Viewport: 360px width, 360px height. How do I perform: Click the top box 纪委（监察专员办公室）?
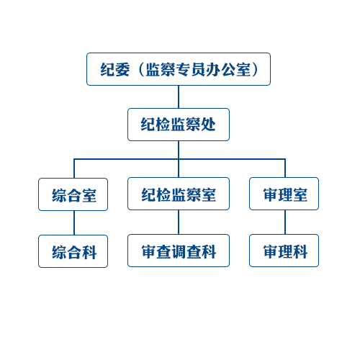179,69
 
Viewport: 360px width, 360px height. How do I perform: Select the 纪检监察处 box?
179,125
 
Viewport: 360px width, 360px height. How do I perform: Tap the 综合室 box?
73,194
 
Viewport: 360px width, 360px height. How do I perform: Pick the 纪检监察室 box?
179,194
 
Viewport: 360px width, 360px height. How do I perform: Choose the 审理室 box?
284,194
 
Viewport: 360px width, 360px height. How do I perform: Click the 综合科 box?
73,251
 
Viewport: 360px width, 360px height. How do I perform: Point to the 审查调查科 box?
179,251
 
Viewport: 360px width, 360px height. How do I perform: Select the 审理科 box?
284,251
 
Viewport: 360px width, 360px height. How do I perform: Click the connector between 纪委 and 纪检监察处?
179,97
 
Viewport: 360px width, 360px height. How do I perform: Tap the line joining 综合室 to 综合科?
74,223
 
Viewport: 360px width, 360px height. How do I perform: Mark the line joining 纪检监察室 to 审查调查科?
179,222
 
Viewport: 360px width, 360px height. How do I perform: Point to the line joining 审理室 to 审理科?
285,222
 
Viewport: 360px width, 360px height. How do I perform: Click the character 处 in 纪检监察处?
208,125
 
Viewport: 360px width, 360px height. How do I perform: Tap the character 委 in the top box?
122,70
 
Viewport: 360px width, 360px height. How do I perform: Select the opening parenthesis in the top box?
141,70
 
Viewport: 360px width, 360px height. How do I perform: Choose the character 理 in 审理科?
285,251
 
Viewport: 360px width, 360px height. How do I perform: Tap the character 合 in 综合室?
74,195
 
